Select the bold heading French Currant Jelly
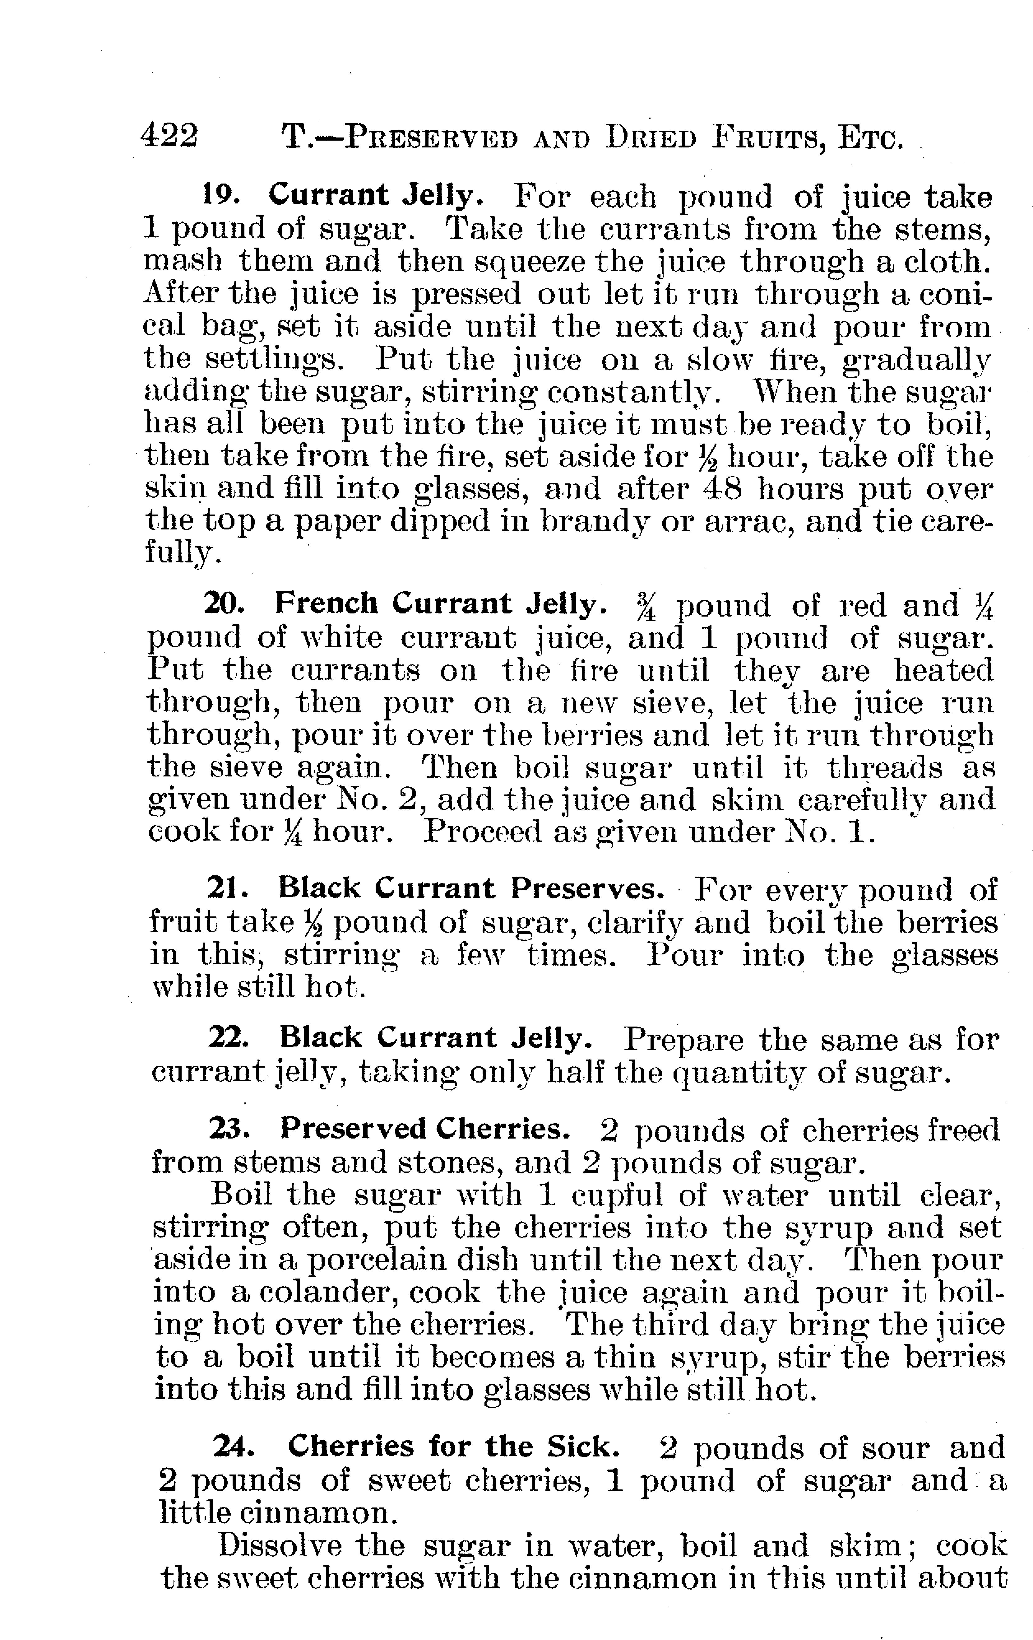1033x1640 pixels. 440,603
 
